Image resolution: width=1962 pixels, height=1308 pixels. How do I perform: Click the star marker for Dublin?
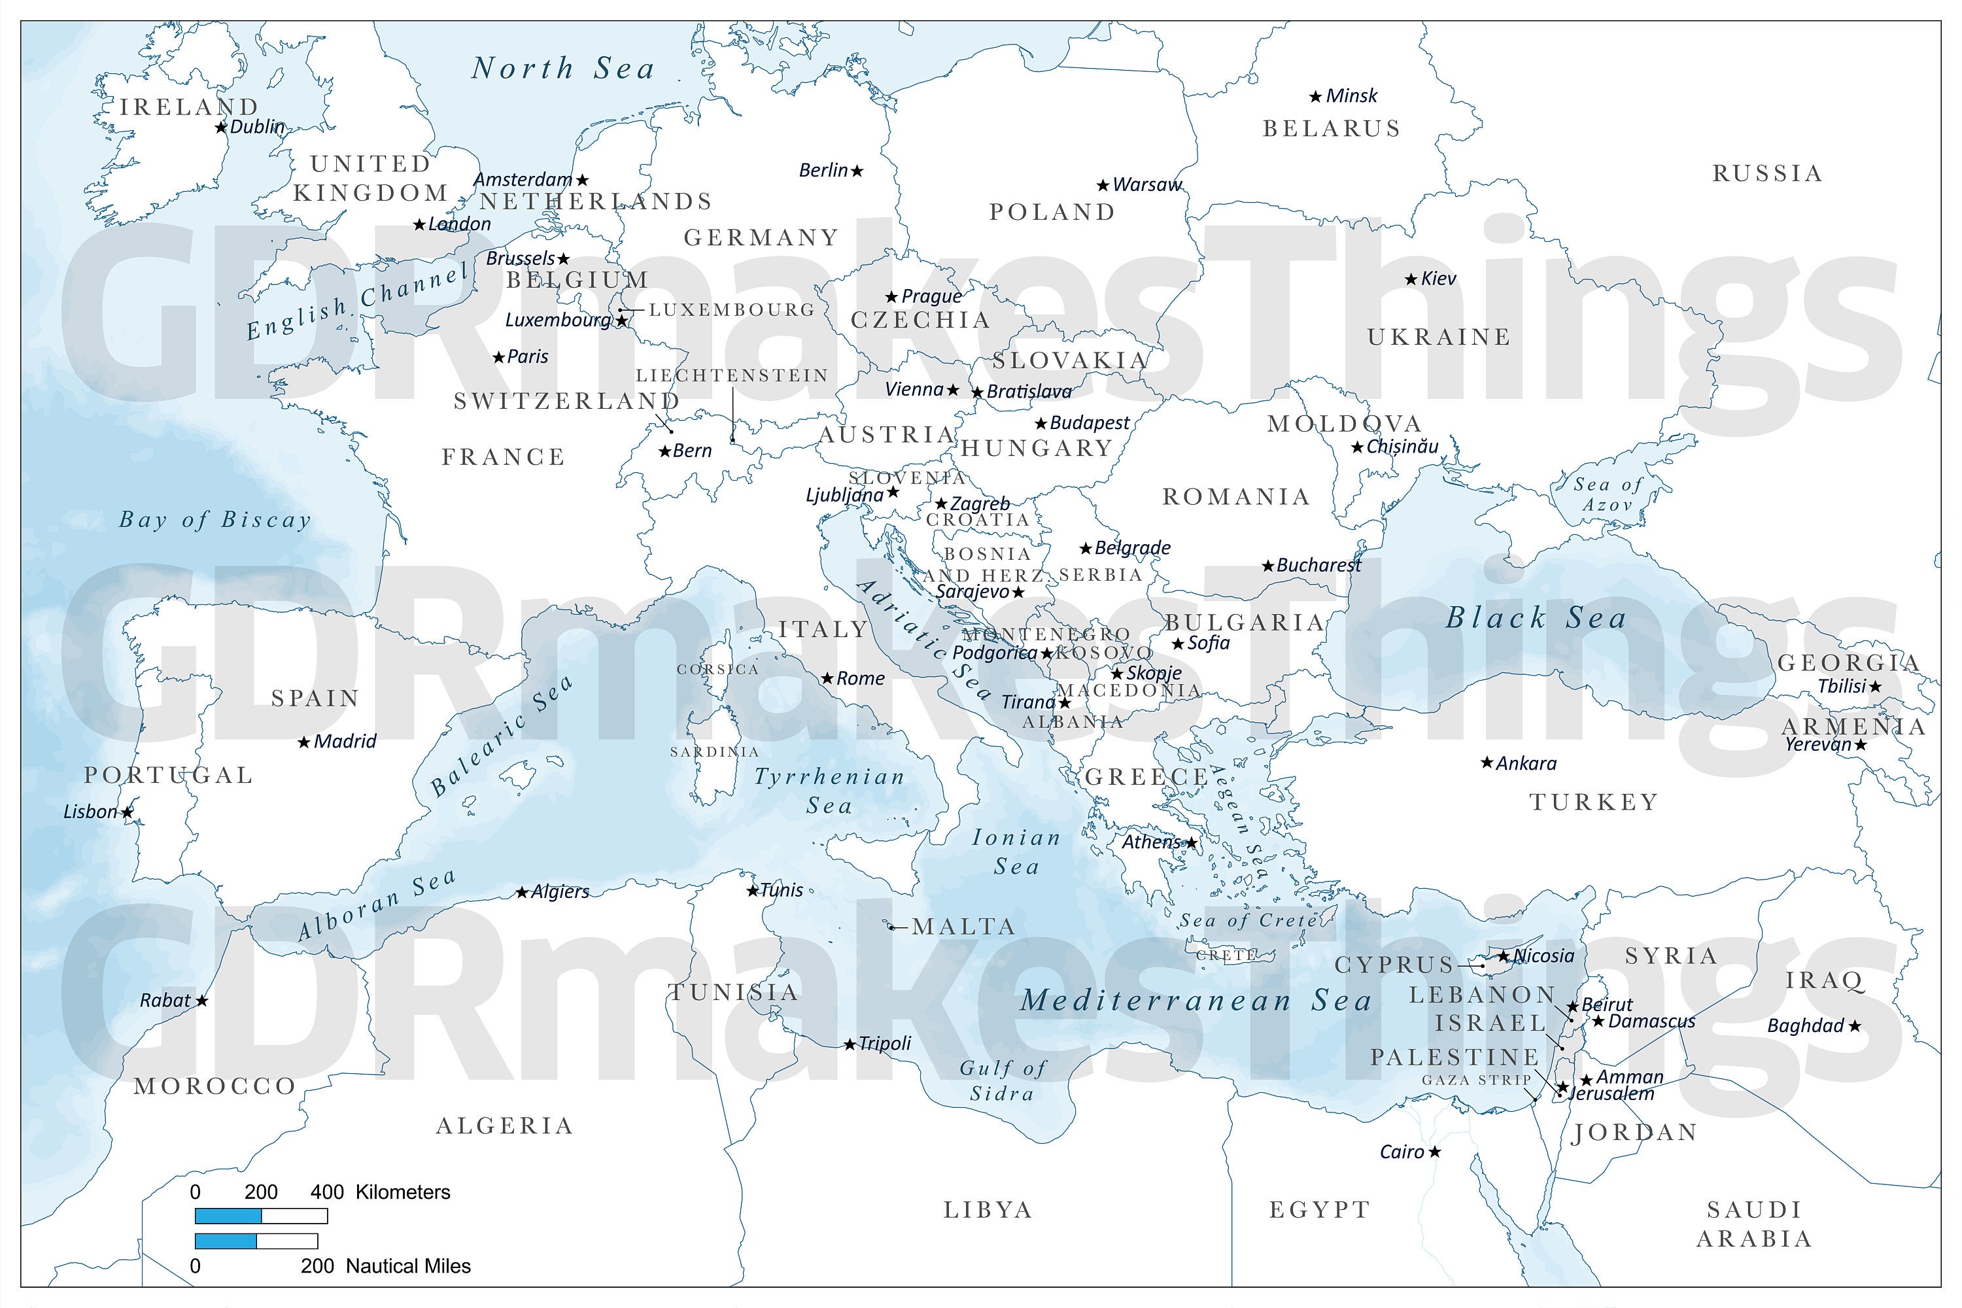click(x=221, y=128)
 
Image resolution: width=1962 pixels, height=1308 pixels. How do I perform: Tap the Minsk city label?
click(x=1351, y=96)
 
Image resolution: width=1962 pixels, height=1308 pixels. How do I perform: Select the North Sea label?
click(x=563, y=69)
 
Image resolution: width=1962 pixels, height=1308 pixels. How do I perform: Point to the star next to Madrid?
click(x=305, y=742)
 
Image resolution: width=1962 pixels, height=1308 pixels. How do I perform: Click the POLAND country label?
click(x=1052, y=212)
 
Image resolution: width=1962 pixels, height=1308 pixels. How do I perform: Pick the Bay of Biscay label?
click(x=215, y=520)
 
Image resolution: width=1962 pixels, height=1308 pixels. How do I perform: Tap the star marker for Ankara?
click(x=1487, y=763)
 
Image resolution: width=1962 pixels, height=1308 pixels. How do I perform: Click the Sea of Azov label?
click(x=1608, y=494)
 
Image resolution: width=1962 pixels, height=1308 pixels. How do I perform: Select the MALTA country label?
click(x=963, y=927)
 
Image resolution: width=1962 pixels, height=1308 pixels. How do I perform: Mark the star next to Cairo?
click(x=1435, y=1152)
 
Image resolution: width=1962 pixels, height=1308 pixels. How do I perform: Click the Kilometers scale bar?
click(x=261, y=1216)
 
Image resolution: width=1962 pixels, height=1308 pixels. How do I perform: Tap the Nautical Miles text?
click(x=408, y=1266)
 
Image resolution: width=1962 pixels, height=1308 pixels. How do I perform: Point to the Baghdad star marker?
click(x=1854, y=1026)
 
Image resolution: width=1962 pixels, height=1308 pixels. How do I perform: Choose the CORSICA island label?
click(x=717, y=669)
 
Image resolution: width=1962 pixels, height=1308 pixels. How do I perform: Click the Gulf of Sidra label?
click(x=1002, y=1080)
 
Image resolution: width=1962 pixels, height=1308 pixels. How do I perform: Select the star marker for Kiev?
click(x=1411, y=279)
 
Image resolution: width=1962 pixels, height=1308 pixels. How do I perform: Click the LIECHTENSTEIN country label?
click(x=732, y=375)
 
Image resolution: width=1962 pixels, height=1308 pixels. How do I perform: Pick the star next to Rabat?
click(x=202, y=1000)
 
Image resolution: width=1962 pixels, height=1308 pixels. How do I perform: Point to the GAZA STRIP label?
click(x=1477, y=1080)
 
